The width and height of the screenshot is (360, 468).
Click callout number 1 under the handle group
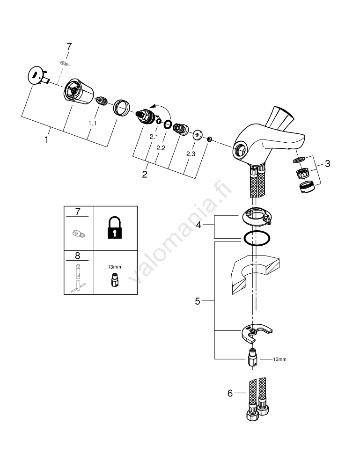click(x=46, y=139)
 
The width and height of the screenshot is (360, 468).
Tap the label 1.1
click(x=93, y=123)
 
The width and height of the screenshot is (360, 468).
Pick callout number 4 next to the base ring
click(x=198, y=225)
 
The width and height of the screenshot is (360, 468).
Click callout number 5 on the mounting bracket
click(x=198, y=301)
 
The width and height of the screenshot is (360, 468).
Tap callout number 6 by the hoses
click(x=230, y=394)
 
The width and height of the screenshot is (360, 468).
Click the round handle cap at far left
click(x=35, y=76)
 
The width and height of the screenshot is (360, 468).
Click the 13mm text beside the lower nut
click(x=279, y=359)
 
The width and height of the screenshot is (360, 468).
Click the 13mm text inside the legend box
click(x=114, y=266)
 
